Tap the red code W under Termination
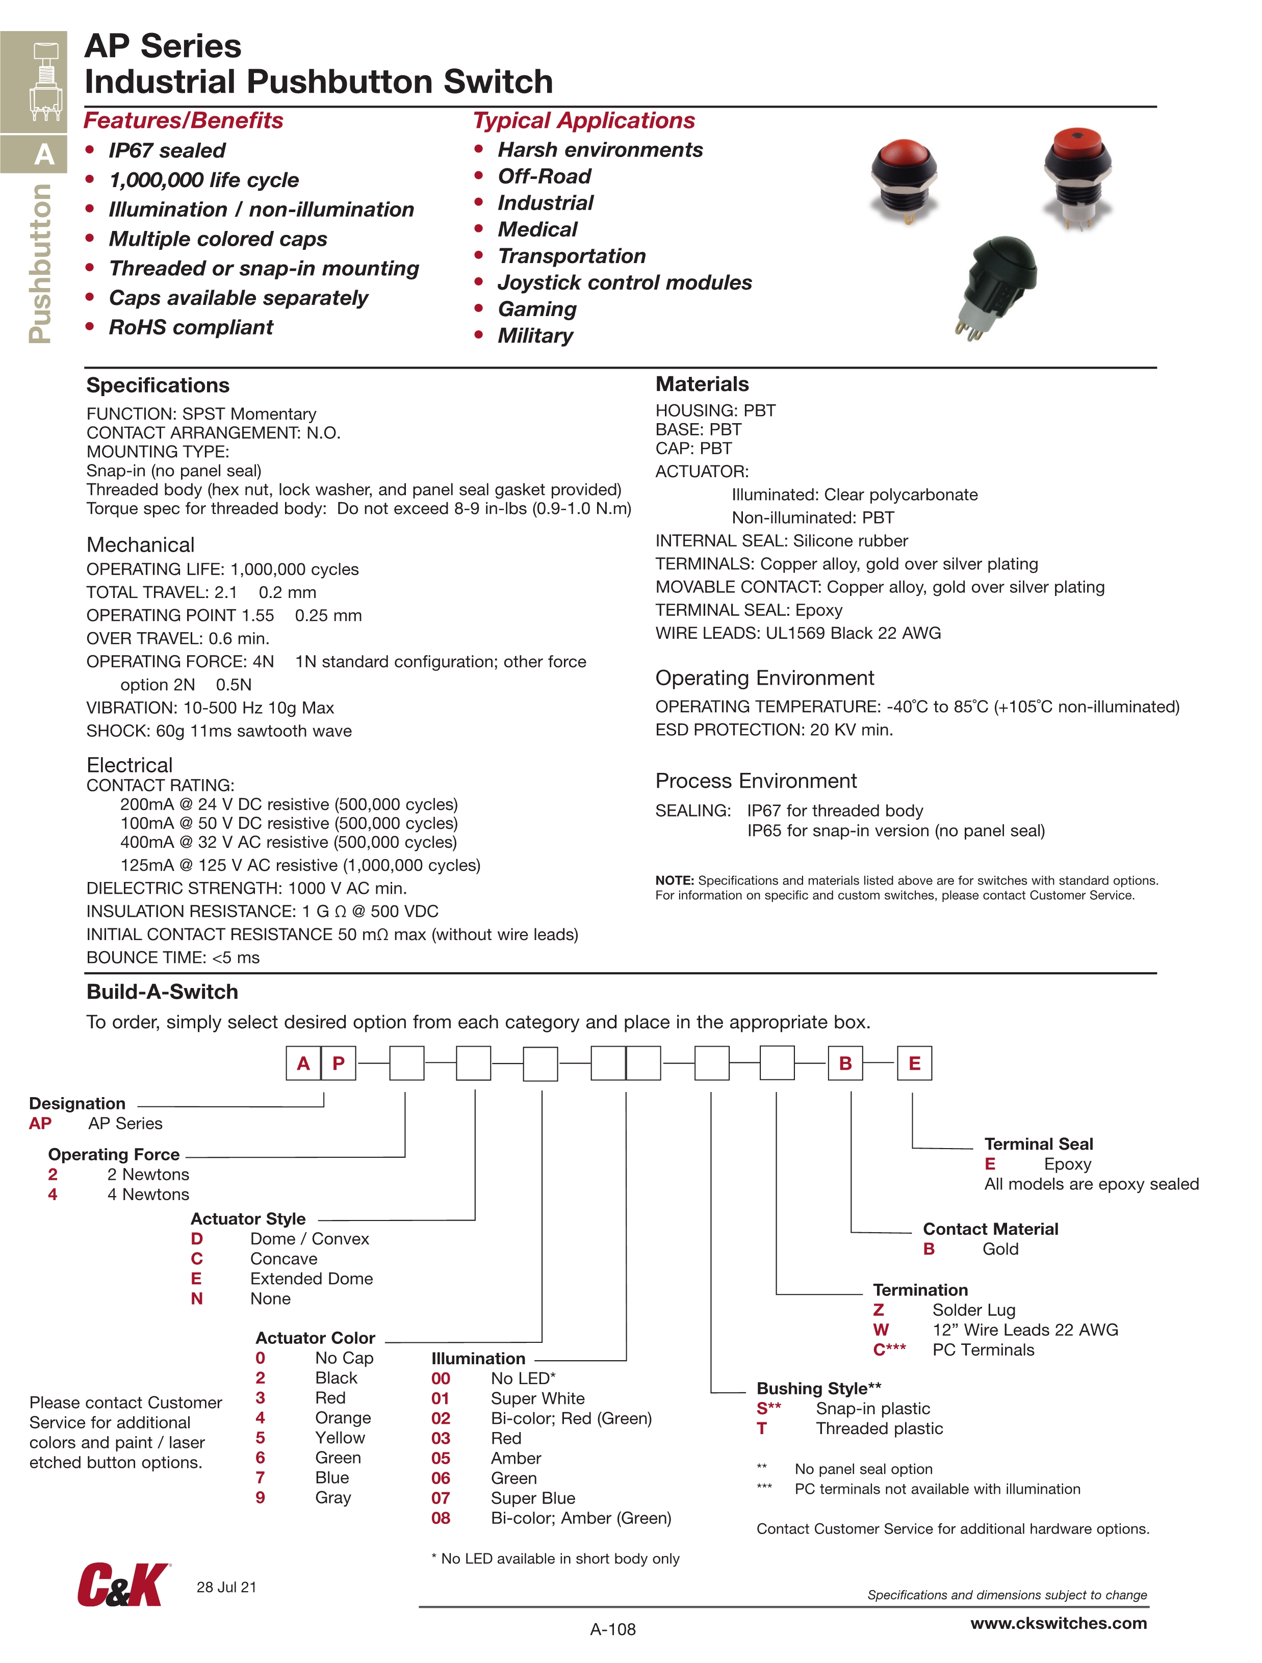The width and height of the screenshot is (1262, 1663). click(881, 1330)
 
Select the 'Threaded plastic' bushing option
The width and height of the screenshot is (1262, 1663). click(879, 1428)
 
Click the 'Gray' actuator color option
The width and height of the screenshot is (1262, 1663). click(333, 1498)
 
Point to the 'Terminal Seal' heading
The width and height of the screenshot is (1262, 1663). click(1039, 1144)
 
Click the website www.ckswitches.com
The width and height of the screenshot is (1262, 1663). click(1058, 1623)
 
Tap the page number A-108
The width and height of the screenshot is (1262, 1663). click(613, 1629)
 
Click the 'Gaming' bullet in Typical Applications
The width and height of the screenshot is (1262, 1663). click(537, 309)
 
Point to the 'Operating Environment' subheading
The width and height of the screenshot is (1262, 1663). click(764, 678)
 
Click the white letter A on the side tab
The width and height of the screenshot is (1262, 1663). click(44, 155)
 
